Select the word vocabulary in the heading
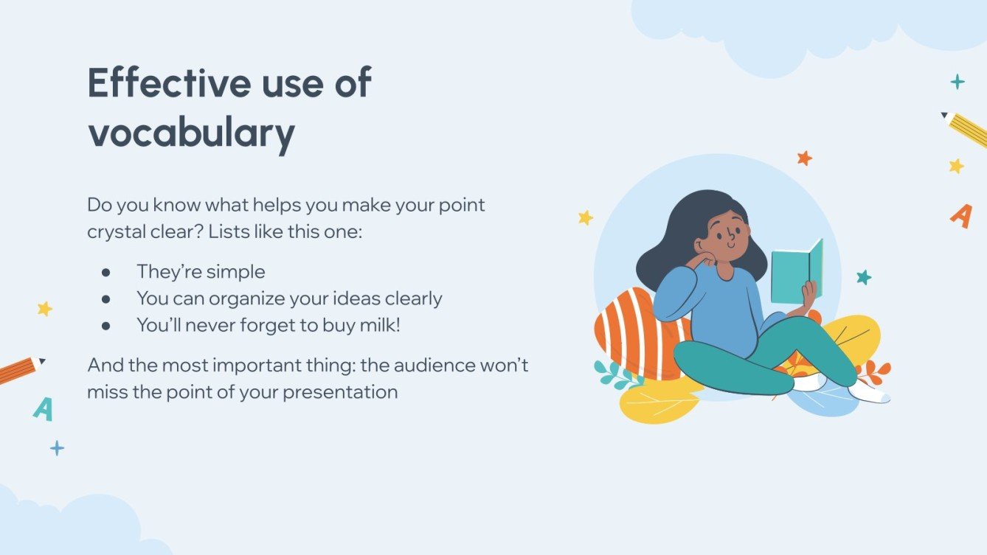coord(191,133)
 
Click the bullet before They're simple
coord(106,272)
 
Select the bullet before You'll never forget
coord(106,325)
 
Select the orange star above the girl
coord(804,158)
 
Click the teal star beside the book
coord(863,277)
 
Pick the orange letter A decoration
coord(960,215)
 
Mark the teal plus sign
coord(957,82)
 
